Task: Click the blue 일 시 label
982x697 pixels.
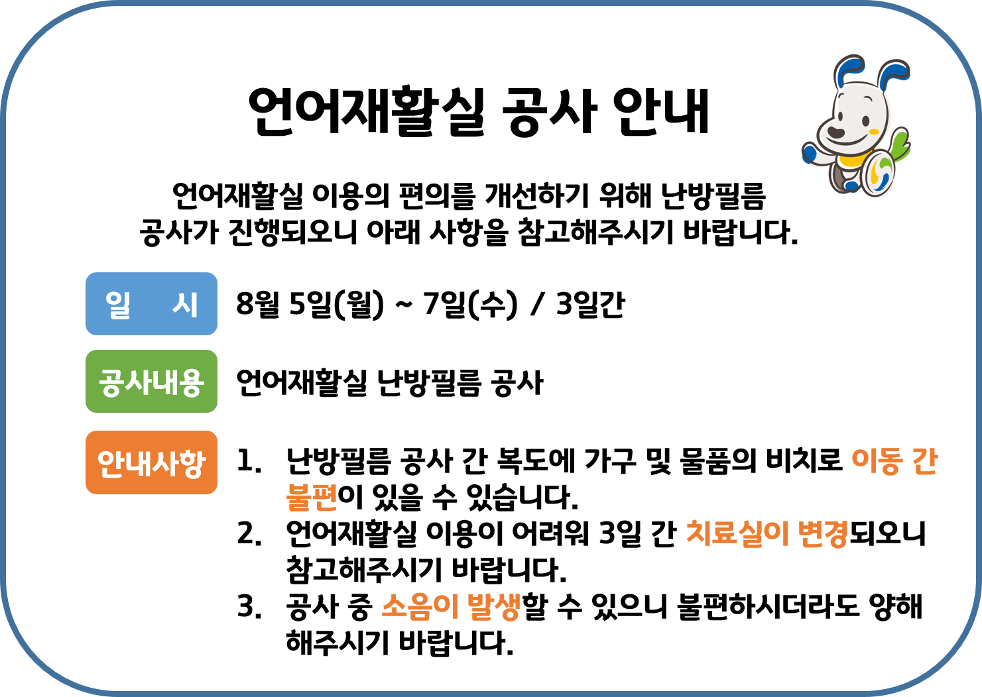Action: (x=151, y=304)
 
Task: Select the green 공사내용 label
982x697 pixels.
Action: (x=151, y=382)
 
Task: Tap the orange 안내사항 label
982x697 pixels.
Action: (x=151, y=462)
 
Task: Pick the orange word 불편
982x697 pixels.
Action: (x=312, y=497)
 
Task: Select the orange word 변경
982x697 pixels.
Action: (x=823, y=533)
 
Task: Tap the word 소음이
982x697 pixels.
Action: (x=420, y=606)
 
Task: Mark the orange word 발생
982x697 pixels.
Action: (x=494, y=606)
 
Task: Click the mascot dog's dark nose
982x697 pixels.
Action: (x=835, y=132)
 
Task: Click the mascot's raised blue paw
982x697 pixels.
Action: (x=809, y=154)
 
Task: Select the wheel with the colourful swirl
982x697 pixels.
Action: (x=879, y=174)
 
